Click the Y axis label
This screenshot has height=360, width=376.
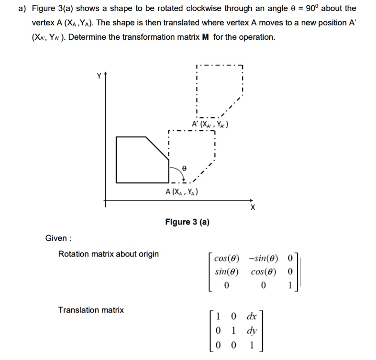coord(99,76)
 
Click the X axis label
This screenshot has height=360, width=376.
coord(253,208)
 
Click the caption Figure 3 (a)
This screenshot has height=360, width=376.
coord(187,222)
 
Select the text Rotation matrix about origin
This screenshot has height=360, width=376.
coord(108,254)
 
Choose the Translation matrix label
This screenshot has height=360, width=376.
coord(91,310)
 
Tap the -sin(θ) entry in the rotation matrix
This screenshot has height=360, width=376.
coord(263,259)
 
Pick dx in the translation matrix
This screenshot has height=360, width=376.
coord(251,316)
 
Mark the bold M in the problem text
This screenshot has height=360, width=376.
coord(205,37)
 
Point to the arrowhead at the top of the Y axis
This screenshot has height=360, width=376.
coord(106,76)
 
